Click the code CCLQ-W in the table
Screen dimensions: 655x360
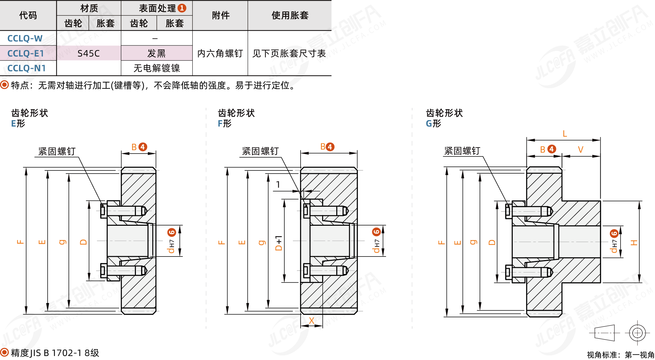(x=25, y=38)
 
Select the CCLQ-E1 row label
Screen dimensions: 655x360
(x=26, y=53)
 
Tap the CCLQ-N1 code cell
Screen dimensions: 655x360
(x=26, y=68)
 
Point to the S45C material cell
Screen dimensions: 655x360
(x=89, y=53)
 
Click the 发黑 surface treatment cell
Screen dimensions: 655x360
(x=156, y=53)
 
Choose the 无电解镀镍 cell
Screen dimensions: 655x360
(x=157, y=68)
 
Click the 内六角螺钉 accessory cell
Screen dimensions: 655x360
(x=220, y=53)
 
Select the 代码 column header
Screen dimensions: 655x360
(x=28, y=15)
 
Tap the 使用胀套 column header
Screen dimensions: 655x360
(x=290, y=15)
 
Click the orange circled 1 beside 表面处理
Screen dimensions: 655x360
(x=182, y=8)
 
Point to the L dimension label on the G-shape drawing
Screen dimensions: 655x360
(x=565, y=134)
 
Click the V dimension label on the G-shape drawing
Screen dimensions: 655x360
(x=580, y=150)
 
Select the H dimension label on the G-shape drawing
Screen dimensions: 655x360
(x=634, y=243)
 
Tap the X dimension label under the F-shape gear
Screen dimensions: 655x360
(x=311, y=321)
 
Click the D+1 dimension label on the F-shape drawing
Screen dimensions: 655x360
(x=279, y=243)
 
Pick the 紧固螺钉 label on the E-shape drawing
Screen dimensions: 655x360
(x=57, y=151)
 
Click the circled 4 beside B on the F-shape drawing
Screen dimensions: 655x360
(x=330, y=147)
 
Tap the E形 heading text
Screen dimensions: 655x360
(x=18, y=123)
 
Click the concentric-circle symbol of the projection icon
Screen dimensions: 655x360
(x=637, y=333)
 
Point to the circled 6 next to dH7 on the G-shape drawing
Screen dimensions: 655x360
(x=614, y=233)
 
